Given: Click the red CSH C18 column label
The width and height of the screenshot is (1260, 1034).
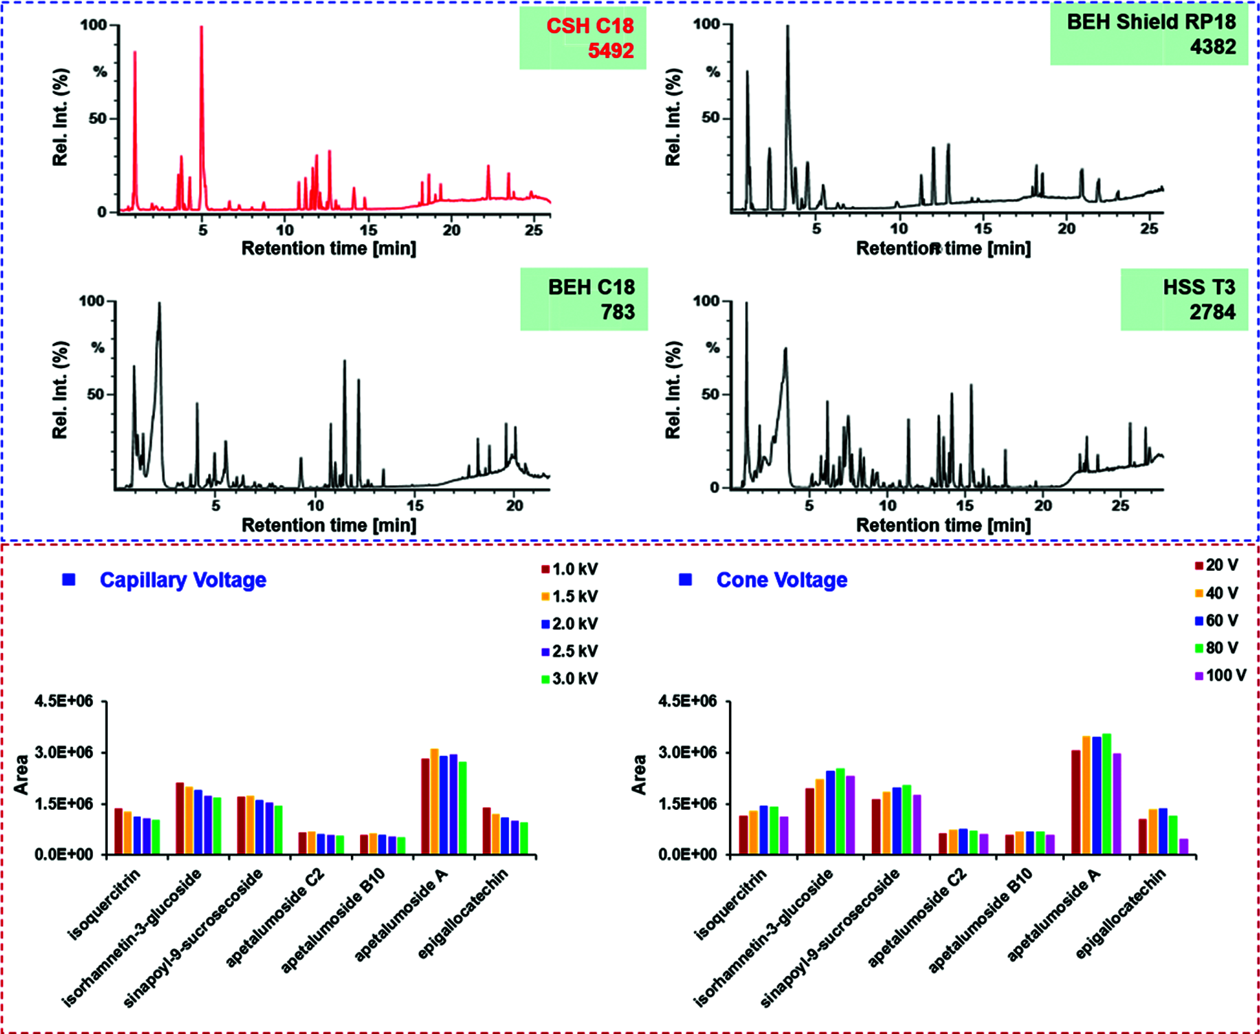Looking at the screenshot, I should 589,26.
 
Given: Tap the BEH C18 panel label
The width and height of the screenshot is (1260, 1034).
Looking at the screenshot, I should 591,287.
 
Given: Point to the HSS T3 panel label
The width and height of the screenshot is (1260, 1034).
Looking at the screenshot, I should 1199,287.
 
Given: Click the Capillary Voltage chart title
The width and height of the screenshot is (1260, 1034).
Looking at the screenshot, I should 183,580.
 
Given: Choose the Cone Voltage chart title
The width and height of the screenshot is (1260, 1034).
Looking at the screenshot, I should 781,580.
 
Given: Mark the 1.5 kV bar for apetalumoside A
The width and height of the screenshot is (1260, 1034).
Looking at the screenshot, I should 434,801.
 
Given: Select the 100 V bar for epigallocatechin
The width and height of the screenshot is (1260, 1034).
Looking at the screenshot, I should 1184,846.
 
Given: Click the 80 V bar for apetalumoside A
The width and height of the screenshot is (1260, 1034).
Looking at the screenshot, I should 1107,794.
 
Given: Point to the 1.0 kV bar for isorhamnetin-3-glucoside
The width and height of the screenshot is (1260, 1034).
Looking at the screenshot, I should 180,818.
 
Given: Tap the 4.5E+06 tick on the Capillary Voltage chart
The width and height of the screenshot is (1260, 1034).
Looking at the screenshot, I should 63,701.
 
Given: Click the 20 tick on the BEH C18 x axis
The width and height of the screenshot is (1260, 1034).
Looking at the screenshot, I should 514,506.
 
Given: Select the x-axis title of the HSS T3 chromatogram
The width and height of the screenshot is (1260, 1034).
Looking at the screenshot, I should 943,525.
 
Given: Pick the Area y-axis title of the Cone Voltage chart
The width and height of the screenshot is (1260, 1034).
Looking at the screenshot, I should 639,775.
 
